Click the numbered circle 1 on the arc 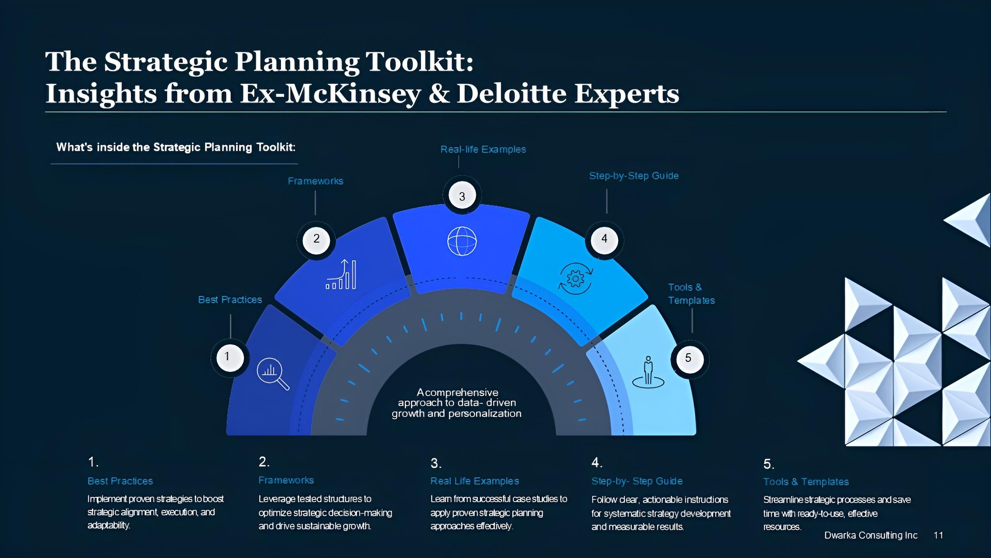(x=230, y=357)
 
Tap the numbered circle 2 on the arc (x=316, y=239)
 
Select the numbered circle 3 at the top (x=462, y=196)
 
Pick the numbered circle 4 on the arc (x=604, y=239)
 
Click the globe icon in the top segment (x=462, y=241)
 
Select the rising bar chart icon (x=341, y=275)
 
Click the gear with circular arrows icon (x=575, y=279)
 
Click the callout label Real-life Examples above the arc (x=483, y=150)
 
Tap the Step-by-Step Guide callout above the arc (x=634, y=176)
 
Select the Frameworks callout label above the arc (x=315, y=181)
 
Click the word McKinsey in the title (x=353, y=94)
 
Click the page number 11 (x=938, y=535)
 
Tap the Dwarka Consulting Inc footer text (x=871, y=535)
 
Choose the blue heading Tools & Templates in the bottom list (x=806, y=482)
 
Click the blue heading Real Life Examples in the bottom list (x=475, y=481)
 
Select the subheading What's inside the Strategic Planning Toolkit (x=176, y=147)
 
